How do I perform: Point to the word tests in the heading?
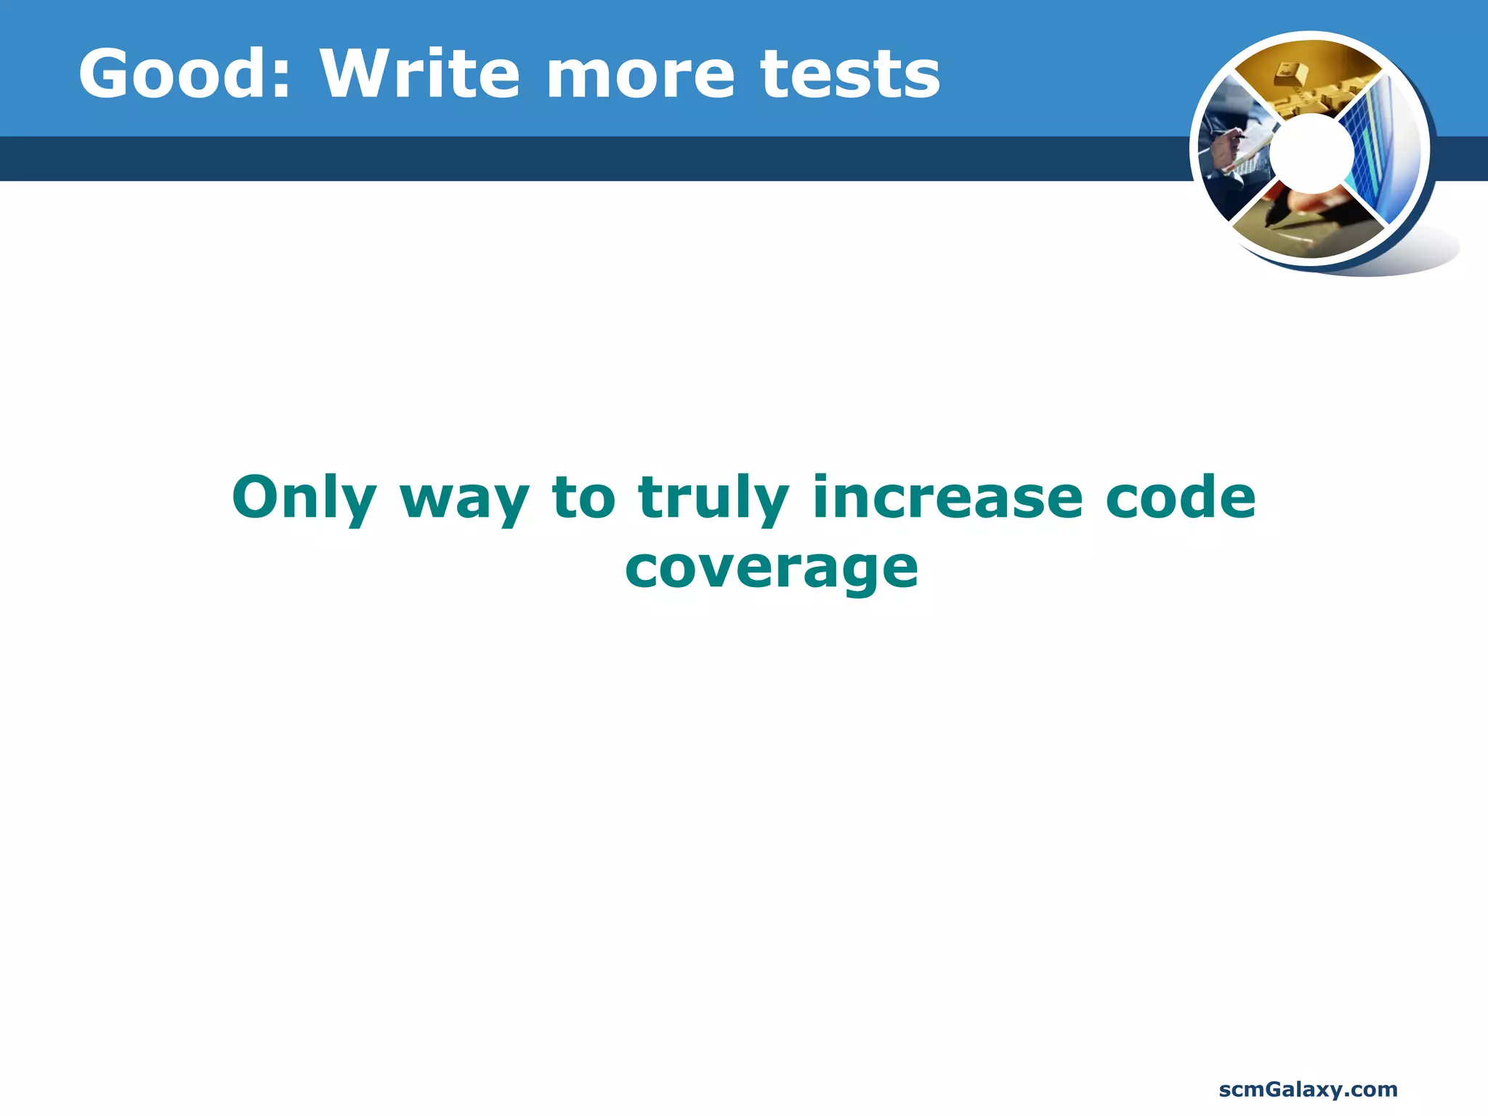click(x=850, y=75)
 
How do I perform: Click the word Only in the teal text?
click(x=304, y=498)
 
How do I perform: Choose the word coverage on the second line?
click(x=772, y=570)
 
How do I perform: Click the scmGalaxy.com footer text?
click(x=1308, y=1089)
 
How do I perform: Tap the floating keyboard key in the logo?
click(x=1290, y=73)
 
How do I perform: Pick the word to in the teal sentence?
click(x=583, y=498)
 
